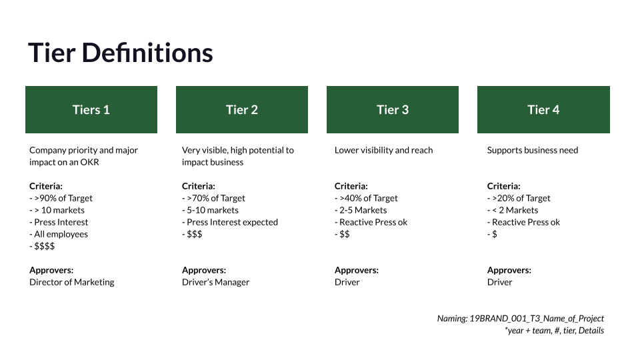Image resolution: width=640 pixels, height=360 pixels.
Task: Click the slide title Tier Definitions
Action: (x=121, y=53)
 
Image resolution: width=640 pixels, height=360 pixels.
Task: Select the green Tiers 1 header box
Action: (x=91, y=110)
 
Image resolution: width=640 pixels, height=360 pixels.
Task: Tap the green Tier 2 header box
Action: (x=242, y=110)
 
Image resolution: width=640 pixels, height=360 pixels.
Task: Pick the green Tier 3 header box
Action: (x=393, y=110)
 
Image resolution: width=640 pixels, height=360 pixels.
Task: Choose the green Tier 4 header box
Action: (x=543, y=110)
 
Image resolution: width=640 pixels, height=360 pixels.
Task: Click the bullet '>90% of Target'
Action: (x=63, y=198)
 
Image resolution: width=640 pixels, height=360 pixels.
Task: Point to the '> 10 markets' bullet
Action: (x=59, y=210)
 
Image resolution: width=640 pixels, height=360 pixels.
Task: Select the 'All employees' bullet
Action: (x=61, y=234)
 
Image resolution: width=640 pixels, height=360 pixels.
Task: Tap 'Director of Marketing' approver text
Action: (x=72, y=282)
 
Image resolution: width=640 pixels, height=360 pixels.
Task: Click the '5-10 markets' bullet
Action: (x=213, y=210)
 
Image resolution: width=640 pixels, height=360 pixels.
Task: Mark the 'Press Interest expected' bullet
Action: (x=232, y=222)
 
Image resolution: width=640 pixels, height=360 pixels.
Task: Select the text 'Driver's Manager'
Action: (x=215, y=282)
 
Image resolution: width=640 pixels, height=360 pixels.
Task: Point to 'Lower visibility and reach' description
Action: (x=383, y=150)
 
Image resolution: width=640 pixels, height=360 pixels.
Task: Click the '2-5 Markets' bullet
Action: (x=363, y=210)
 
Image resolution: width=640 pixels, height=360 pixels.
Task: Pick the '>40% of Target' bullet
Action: (x=369, y=198)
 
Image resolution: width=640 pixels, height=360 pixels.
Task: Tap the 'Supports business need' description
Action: (x=533, y=150)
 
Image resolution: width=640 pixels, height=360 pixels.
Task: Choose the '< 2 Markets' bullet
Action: (x=515, y=210)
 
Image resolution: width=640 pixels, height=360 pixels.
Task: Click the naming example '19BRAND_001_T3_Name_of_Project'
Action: (x=537, y=319)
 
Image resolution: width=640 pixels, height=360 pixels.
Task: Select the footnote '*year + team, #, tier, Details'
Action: (x=555, y=330)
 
